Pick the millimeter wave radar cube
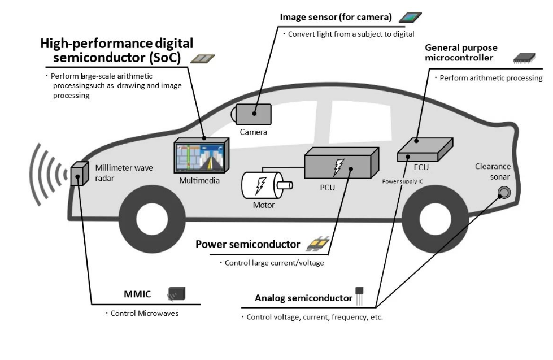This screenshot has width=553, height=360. point(80,174)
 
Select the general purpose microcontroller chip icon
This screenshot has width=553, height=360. point(524,58)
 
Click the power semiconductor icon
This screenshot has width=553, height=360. point(317,245)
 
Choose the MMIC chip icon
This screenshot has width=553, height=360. point(176,294)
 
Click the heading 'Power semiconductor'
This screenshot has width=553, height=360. point(247,245)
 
